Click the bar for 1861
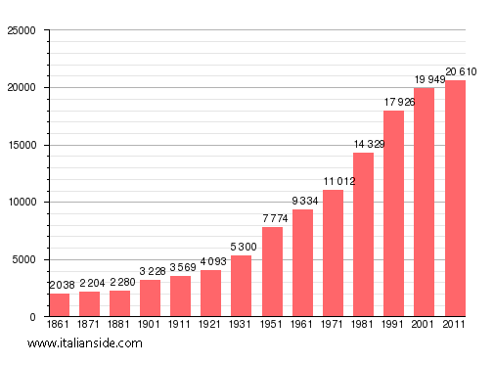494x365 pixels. click(60, 304)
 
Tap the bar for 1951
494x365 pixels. click(272, 272)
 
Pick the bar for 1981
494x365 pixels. click(363, 235)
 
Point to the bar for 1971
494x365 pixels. click(333, 253)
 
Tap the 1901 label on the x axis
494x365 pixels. click(151, 324)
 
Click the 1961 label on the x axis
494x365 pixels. click(302, 324)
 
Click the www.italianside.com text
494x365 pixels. click(85, 343)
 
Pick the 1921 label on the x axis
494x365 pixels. click(211, 324)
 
